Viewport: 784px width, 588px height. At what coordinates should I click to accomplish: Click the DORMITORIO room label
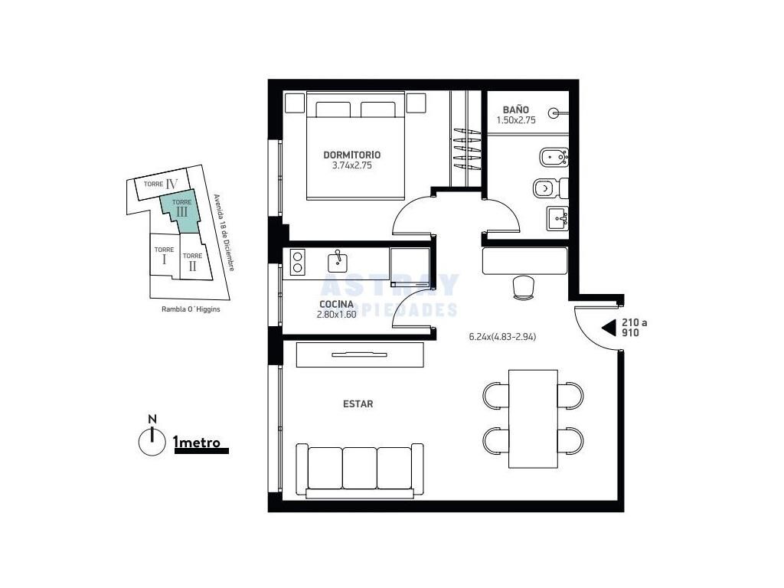[351, 155]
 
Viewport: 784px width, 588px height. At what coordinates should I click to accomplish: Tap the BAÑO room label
[515, 109]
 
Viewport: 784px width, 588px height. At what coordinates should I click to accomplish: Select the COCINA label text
[336, 304]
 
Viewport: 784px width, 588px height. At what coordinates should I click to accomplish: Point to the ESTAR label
[358, 404]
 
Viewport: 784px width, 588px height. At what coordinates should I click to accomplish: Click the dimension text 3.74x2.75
[352, 165]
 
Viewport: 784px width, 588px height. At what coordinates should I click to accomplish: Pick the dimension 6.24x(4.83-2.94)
[502, 337]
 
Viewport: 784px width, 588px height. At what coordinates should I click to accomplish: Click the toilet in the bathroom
[550, 188]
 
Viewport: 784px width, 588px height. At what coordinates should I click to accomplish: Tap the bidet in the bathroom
[554, 158]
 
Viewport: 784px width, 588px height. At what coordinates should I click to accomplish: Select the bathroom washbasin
[557, 218]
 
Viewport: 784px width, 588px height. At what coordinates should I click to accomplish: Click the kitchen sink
[338, 261]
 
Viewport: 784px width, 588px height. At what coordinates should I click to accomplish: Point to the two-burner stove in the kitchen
[297, 262]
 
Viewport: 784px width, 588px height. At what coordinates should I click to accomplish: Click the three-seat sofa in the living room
[360, 471]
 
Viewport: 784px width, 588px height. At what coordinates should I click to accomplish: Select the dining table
[533, 419]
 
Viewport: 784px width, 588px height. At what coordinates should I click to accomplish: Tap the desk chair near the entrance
[524, 288]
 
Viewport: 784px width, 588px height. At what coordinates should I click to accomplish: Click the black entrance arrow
[609, 328]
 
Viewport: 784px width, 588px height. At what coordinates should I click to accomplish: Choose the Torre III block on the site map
[181, 213]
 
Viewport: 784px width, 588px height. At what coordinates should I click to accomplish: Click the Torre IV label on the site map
[161, 184]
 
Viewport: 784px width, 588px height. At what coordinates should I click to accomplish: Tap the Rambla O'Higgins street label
[191, 309]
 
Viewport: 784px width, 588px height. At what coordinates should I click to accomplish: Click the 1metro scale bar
[201, 450]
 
